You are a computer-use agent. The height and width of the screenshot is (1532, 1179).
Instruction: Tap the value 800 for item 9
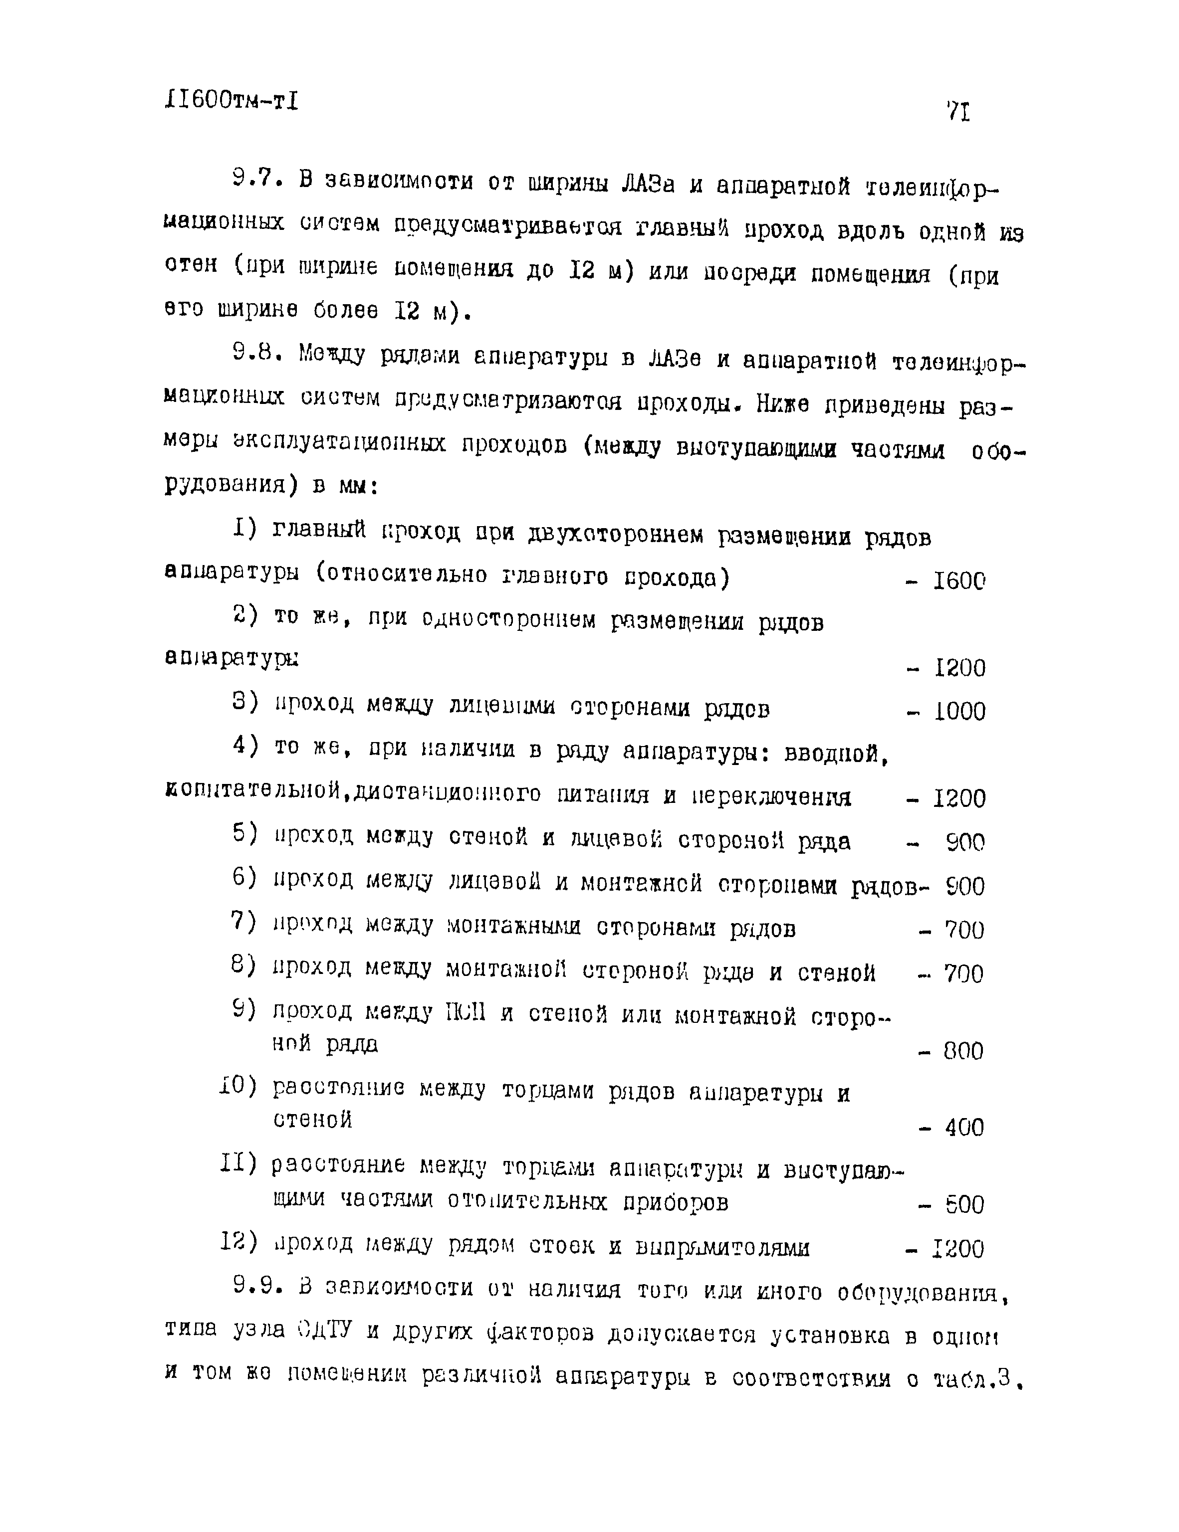tap(963, 1051)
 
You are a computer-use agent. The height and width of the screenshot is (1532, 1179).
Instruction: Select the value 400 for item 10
tap(963, 1129)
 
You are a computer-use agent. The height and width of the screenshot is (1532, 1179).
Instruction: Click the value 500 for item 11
tap(963, 1205)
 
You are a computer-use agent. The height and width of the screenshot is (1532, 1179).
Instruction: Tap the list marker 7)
tap(244, 921)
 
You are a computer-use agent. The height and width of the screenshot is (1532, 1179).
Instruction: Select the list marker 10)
tap(238, 1086)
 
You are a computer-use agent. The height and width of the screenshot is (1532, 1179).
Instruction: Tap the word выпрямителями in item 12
tap(721, 1248)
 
